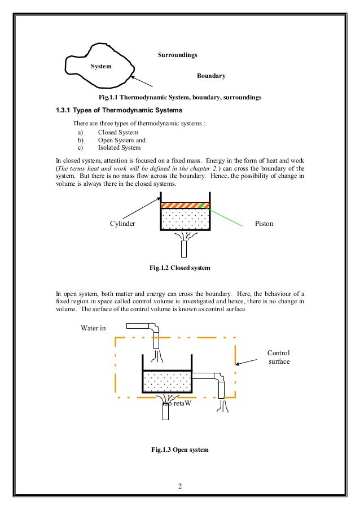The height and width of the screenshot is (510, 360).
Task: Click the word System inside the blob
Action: click(x=101, y=66)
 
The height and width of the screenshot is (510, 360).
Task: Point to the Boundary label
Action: click(x=211, y=76)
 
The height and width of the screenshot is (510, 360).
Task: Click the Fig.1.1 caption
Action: click(x=180, y=97)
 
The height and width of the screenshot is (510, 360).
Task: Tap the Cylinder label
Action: click(x=123, y=224)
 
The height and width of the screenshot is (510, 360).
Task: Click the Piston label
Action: click(x=264, y=224)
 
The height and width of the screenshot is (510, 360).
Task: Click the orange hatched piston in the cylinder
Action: click(x=186, y=206)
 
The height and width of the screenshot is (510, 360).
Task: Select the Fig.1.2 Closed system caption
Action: click(x=180, y=268)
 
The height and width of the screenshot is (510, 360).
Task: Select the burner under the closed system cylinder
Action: click(x=185, y=249)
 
